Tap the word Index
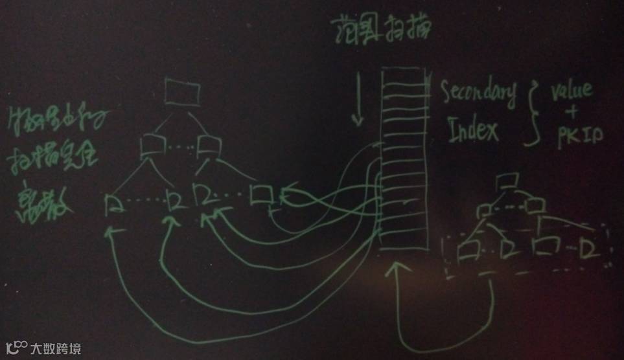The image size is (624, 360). (x=474, y=131)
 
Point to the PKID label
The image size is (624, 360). (x=580, y=134)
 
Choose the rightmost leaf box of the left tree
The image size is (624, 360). (x=261, y=194)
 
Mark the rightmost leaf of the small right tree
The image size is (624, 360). (x=589, y=249)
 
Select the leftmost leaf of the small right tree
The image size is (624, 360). (x=467, y=249)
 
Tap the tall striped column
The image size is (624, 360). (x=403, y=159)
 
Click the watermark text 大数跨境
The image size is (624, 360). (x=56, y=349)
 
